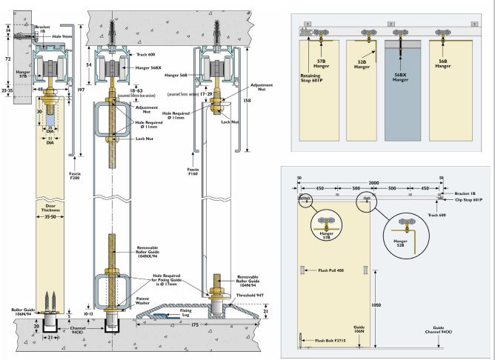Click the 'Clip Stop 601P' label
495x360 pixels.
tap(465, 199)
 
